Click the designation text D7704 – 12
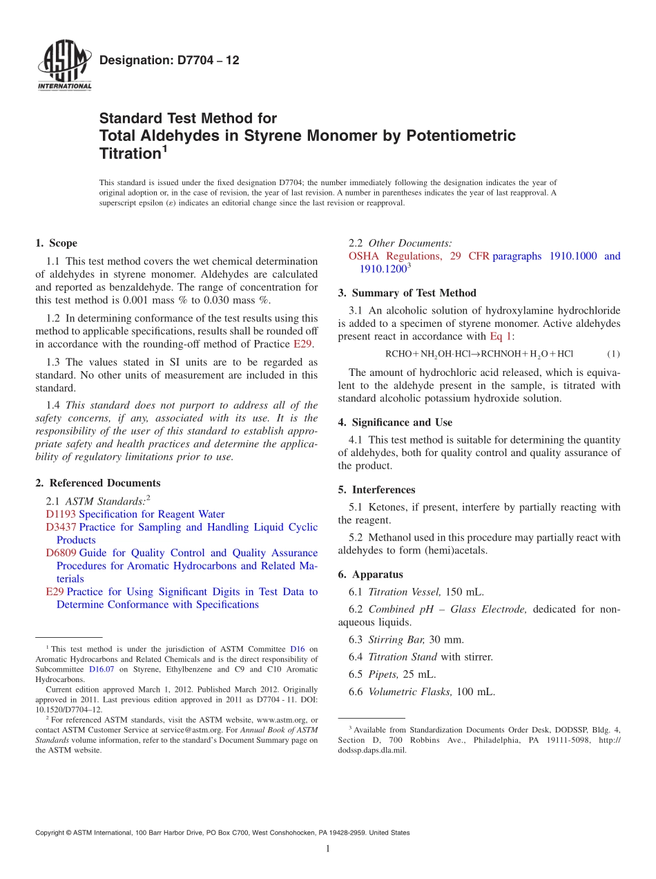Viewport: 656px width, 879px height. coord(169,60)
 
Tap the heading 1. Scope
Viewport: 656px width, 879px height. coord(56,243)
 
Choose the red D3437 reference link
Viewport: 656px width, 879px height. coord(61,527)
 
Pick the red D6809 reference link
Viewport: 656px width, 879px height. coord(61,553)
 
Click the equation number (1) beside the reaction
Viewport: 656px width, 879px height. coord(612,354)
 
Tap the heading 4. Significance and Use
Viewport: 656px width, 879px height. coord(395,422)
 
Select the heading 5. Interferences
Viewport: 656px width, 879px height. coord(376,489)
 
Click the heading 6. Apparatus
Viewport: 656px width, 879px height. coord(370,574)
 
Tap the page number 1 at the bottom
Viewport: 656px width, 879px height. coord(327,849)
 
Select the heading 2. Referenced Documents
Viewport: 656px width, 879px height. coord(97,483)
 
